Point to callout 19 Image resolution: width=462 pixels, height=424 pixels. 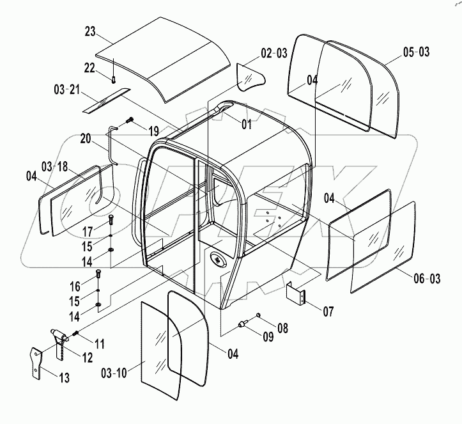point(154,131)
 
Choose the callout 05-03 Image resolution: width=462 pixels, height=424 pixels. point(417,52)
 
